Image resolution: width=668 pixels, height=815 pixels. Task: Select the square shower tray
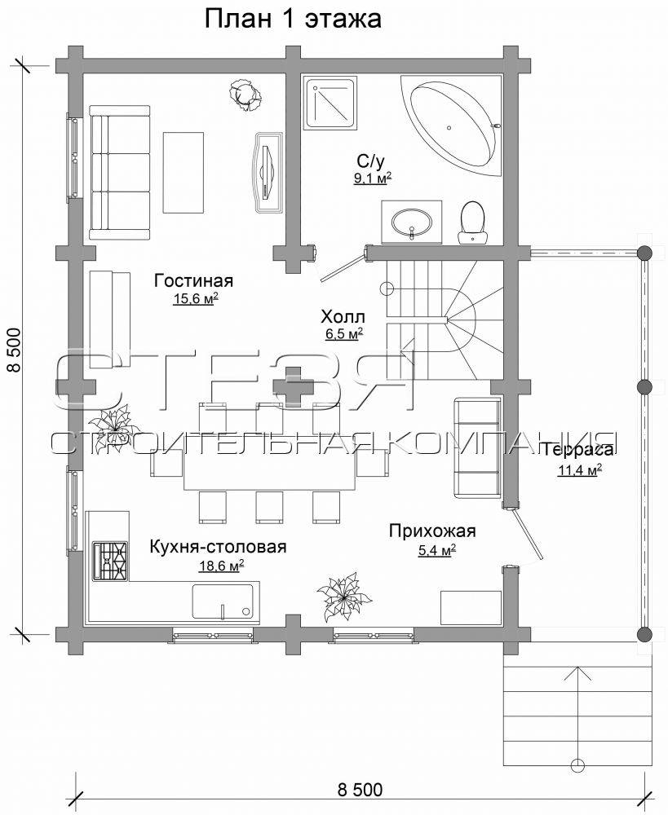[x=331, y=103]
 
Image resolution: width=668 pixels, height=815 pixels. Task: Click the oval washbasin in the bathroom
[x=411, y=222]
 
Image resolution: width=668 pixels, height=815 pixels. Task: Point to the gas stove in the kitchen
[x=110, y=561]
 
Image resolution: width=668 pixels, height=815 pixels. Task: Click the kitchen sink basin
[x=222, y=601]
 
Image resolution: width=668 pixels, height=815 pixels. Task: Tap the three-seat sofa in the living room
[x=119, y=172]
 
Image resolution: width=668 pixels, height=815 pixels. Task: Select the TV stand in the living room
[x=268, y=172]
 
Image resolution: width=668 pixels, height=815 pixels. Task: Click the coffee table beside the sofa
[x=184, y=172]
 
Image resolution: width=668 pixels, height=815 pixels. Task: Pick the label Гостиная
[x=193, y=280]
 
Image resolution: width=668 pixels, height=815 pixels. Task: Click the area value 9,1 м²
[x=373, y=178]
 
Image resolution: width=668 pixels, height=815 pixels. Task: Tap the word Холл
[x=343, y=316]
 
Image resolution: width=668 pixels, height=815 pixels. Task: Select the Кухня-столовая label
[x=218, y=547]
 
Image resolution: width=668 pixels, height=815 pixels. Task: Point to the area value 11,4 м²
[x=580, y=470]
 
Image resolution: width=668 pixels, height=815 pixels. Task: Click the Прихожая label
[x=432, y=531]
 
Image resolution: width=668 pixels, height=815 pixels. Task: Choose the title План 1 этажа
[x=293, y=19]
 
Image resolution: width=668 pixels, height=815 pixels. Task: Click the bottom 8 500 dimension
[x=360, y=790]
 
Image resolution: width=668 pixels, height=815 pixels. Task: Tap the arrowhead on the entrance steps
[x=577, y=673]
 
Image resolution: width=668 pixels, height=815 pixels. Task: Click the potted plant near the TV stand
[x=245, y=94]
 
